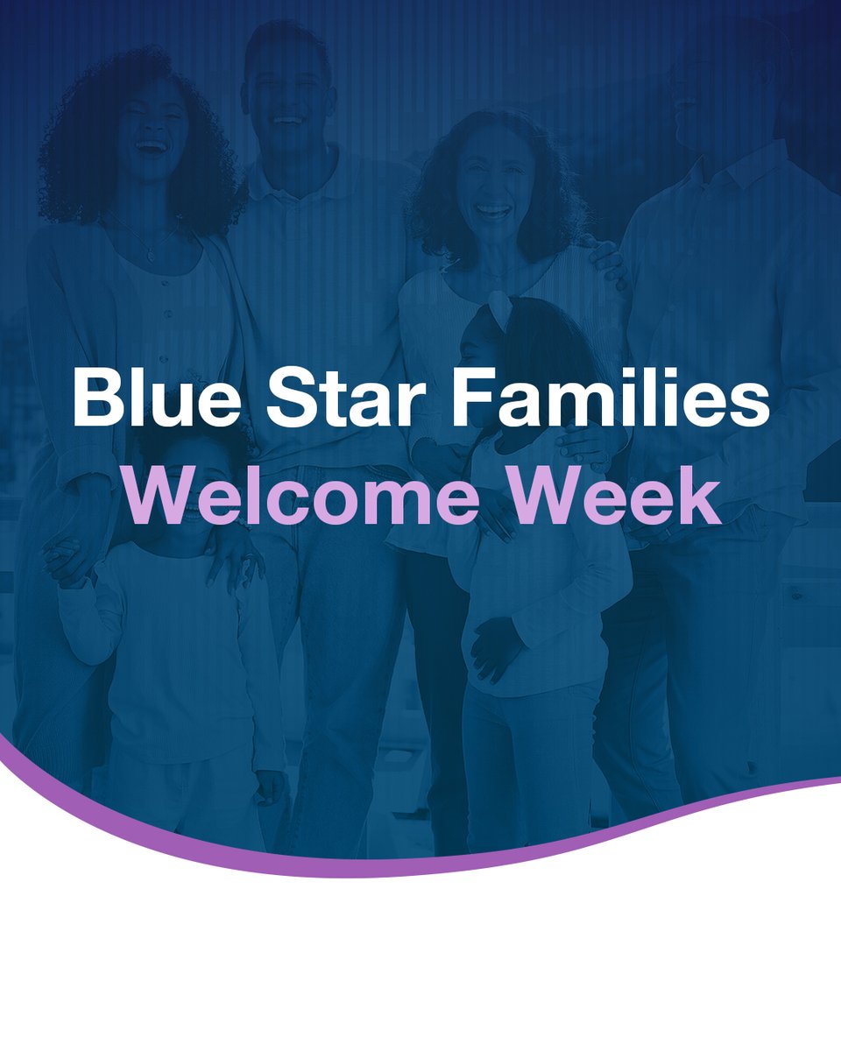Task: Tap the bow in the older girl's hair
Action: click(501, 307)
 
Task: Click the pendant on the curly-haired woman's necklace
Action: click(151, 257)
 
